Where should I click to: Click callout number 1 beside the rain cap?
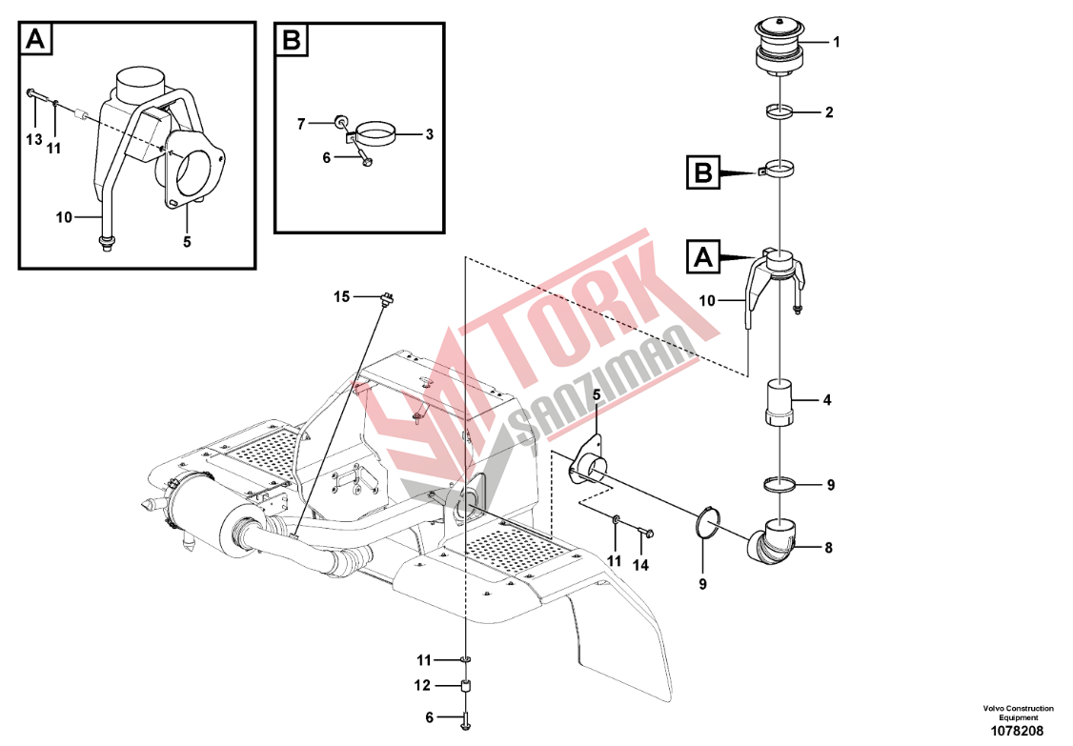tap(836, 42)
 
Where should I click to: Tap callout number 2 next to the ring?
tap(829, 111)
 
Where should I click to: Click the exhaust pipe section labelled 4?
tap(779, 402)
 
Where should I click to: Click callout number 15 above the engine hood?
tap(341, 296)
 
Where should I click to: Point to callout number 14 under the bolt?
tap(640, 565)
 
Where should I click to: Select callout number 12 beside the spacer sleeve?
tap(422, 685)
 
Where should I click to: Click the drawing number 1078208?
tap(1019, 731)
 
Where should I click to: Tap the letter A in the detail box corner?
tap(35, 40)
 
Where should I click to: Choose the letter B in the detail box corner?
tap(292, 40)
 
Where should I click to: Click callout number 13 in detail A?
tap(33, 140)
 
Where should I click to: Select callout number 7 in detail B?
tap(301, 124)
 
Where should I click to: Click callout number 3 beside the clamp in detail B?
tap(429, 134)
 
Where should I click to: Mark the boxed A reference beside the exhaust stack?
tap(703, 257)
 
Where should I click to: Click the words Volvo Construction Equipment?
tap(1019, 713)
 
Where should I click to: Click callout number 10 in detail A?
tap(64, 217)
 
